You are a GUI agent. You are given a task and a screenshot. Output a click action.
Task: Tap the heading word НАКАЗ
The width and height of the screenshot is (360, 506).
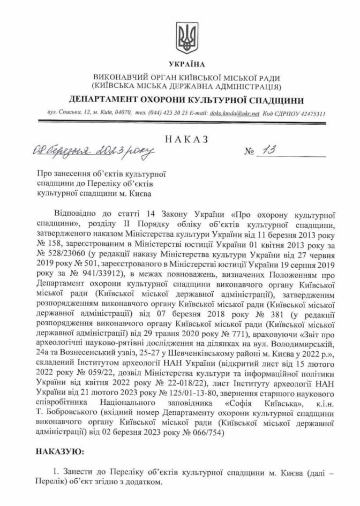186,139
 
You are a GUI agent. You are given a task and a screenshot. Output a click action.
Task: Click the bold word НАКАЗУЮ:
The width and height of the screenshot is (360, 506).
60,452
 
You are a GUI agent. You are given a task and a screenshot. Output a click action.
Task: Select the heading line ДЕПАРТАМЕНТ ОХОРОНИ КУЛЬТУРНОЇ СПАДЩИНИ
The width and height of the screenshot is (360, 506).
186,100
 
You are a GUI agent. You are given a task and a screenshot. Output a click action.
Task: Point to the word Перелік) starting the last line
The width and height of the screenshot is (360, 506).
52,482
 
